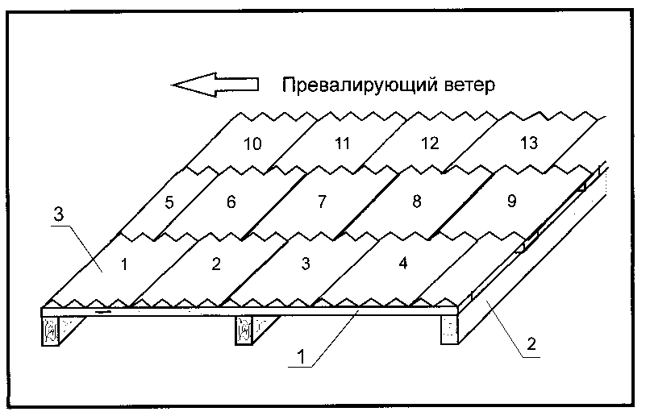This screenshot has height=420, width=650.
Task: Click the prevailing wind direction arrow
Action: [215, 85]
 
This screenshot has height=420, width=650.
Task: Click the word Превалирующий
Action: [360, 85]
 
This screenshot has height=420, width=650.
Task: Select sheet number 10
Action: [252, 143]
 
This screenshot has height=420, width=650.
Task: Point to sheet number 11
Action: [342, 143]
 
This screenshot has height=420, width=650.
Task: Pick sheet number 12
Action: [430, 143]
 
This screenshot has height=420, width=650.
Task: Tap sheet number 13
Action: [528, 143]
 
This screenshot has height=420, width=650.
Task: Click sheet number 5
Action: [169, 202]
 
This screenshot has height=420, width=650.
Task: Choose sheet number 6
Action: [231, 202]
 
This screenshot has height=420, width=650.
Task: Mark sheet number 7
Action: [322, 202]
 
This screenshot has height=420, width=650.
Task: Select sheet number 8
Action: [417, 201]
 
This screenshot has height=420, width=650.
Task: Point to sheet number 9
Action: [512, 201]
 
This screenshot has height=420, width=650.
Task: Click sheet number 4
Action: [403, 263]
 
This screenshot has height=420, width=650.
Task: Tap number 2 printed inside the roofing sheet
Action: [216, 264]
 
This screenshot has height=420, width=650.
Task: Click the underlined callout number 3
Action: [58, 214]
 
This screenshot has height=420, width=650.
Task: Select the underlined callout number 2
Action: [531, 343]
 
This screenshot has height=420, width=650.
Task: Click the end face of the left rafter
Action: [50, 331]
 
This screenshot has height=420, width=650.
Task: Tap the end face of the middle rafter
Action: [244, 331]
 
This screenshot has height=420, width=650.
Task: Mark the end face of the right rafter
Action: [449, 331]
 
